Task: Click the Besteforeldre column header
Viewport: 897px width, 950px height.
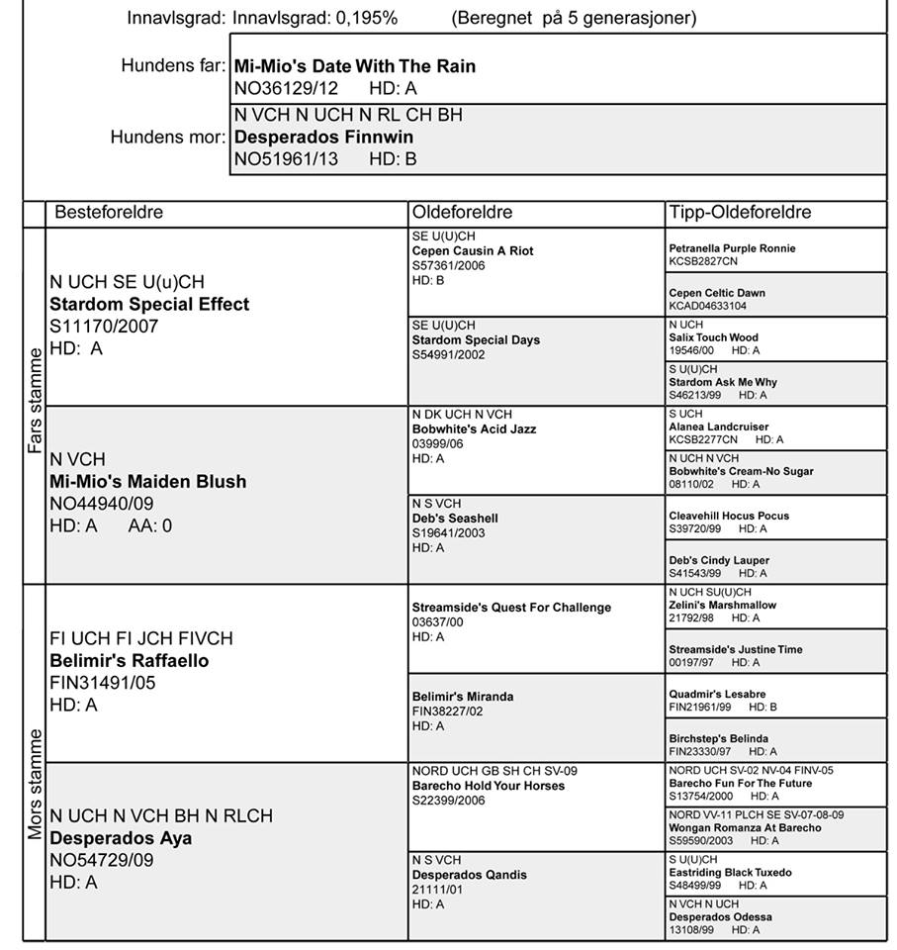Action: (109, 213)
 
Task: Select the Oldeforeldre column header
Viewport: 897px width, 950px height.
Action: (463, 213)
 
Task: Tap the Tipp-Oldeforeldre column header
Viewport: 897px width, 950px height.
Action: (740, 213)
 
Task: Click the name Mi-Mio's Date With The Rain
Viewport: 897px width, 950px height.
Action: (355, 66)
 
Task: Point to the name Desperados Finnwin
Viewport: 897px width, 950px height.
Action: (323, 137)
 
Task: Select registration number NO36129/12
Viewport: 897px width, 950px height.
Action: (285, 88)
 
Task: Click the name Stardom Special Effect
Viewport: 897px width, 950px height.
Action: (149, 304)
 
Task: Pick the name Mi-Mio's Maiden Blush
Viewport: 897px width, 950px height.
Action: (148, 482)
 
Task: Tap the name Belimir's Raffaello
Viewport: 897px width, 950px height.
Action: (130, 660)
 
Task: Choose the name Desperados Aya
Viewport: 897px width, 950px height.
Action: (121, 838)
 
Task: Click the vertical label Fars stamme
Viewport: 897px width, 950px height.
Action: (35, 400)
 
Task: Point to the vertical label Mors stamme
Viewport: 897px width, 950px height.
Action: (35, 784)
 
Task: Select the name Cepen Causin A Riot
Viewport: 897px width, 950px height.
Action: (473, 251)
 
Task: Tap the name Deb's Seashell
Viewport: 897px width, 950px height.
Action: (455, 519)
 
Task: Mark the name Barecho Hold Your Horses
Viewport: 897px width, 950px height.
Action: (489, 786)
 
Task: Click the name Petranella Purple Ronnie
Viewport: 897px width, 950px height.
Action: (732, 248)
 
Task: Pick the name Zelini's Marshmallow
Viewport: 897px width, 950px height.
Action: (722, 605)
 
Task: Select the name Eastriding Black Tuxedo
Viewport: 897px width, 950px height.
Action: (730, 873)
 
